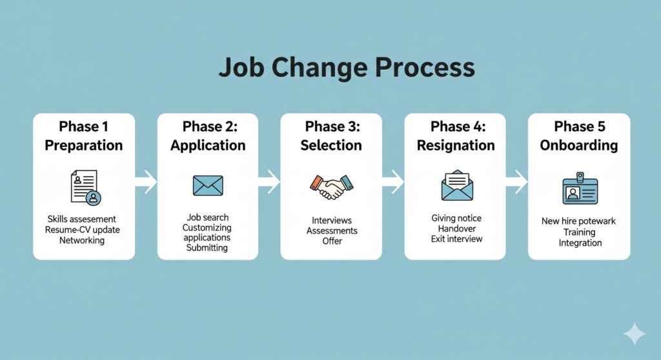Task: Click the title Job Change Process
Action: click(347, 68)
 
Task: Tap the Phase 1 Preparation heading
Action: click(83, 135)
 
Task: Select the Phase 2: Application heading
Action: click(208, 135)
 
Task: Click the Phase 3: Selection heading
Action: click(331, 135)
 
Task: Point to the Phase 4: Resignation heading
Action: click(456, 135)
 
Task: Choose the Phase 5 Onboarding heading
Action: click(579, 135)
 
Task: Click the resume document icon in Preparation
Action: click(86, 187)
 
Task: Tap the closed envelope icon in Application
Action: click(208, 185)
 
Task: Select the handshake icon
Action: click(332, 186)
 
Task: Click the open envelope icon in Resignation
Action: click(457, 185)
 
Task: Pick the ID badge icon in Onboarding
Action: click(580, 188)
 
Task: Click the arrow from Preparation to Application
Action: click(146, 182)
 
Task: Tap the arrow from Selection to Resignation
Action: click(393, 182)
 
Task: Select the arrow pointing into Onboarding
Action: click(516, 182)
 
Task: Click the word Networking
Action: click(82, 240)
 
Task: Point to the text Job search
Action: click(208, 217)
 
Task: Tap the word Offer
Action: click(332, 241)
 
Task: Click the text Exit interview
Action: click(456, 239)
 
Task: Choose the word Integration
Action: click(580, 243)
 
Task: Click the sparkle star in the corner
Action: click(635, 334)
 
